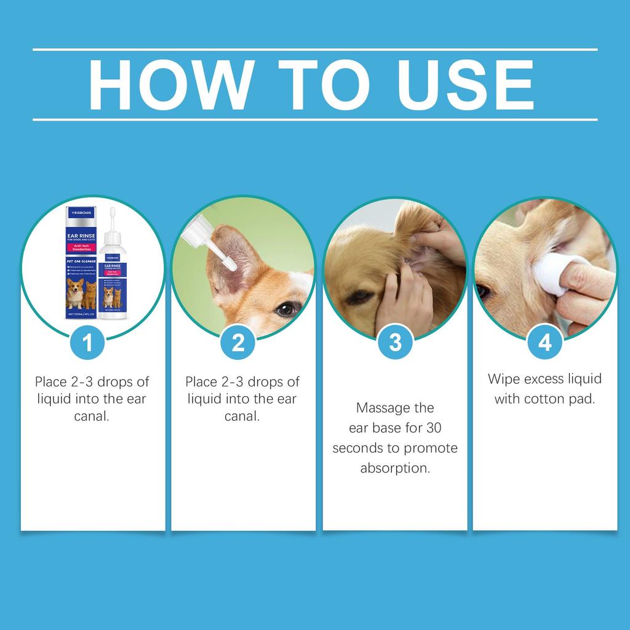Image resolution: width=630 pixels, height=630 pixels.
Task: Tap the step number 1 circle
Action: pos(88,342)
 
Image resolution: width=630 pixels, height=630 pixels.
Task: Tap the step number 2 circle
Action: pos(238,342)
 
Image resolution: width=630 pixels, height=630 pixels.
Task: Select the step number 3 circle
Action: pos(395,342)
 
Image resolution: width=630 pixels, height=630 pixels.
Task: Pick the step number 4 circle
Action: pos(545,342)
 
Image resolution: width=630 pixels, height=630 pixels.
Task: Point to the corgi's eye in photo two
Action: pos(285,309)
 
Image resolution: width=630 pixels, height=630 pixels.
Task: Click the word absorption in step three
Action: pos(395,468)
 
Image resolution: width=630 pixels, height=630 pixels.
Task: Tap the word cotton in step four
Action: pos(544,399)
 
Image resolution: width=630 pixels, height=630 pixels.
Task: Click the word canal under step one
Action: pos(92,417)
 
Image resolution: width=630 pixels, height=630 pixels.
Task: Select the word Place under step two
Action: pos(201,381)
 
